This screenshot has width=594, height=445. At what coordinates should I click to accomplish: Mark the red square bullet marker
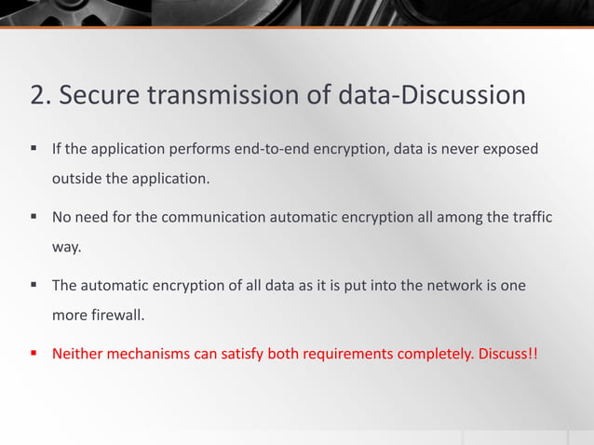pos(34,354)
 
